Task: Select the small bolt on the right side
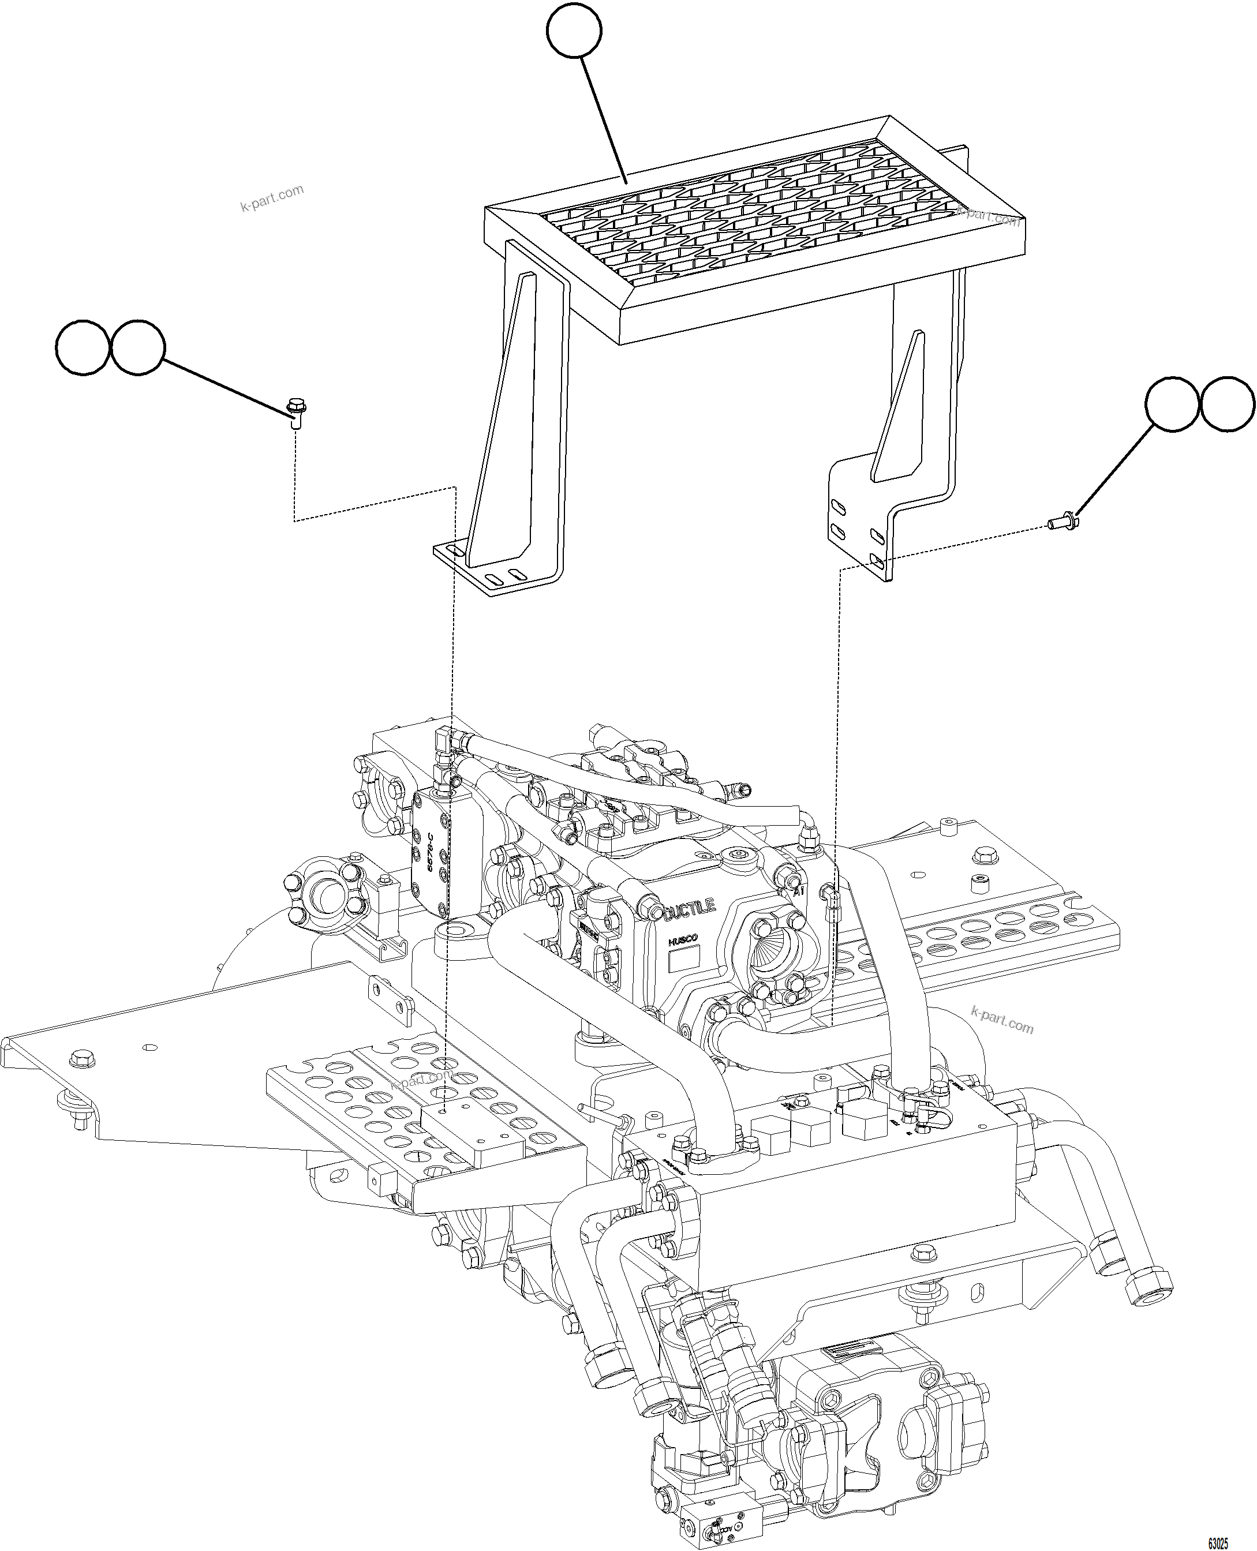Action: point(1063,521)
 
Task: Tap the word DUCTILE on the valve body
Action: point(689,908)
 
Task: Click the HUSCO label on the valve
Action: point(682,939)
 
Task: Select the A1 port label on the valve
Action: point(798,891)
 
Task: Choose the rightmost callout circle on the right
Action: point(1228,404)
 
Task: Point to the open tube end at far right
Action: point(1148,1295)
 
